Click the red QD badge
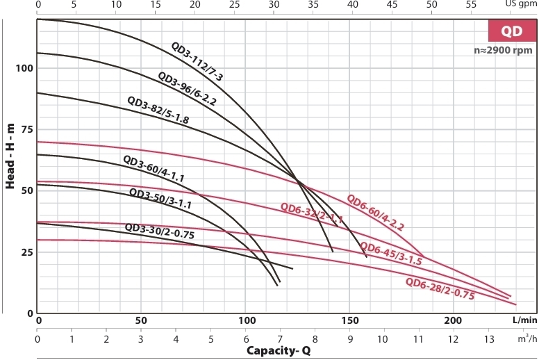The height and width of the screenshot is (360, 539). [x=511, y=32]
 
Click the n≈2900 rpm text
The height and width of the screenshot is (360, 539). [x=501, y=51]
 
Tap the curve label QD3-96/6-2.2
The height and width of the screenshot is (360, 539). [x=188, y=88]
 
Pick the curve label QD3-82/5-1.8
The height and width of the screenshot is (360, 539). [x=158, y=110]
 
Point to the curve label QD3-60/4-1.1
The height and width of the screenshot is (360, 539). [x=153, y=169]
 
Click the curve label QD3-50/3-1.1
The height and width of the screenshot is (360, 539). [x=160, y=199]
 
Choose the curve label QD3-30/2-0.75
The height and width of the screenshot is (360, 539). [x=159, y=231]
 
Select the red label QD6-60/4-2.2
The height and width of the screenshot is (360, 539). [x=375, y=211]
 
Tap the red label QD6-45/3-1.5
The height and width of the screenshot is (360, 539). [x=390, y=254]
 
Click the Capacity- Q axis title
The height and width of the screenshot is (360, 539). [x=277, y=350]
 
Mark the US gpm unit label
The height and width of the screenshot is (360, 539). [x=522, y=4]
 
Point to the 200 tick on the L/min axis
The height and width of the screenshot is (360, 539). [x=452, y=320]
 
